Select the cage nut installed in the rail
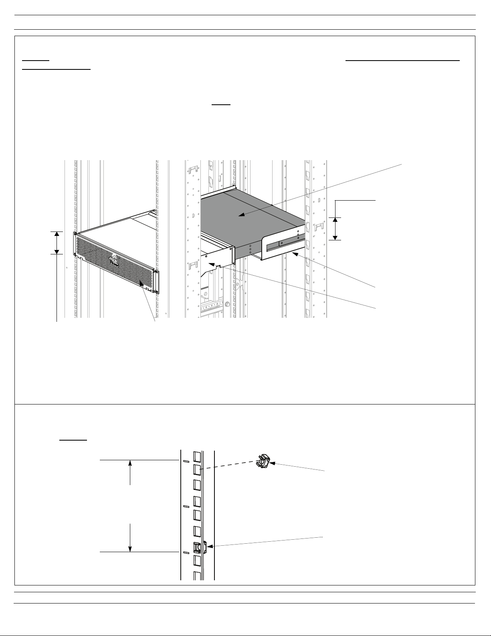198,547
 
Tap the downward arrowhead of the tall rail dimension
130,549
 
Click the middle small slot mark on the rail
186,506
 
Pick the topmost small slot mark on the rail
186,461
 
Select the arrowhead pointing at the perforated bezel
141,283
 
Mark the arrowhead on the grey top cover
240,216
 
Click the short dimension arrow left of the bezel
57,243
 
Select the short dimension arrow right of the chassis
335,229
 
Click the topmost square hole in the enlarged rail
197,456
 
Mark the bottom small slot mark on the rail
186,553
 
